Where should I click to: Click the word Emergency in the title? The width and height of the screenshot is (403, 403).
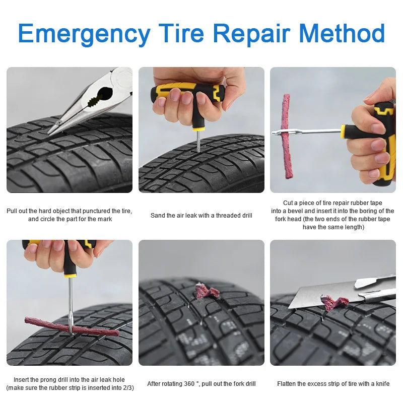84,33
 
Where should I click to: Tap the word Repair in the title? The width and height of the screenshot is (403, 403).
250,33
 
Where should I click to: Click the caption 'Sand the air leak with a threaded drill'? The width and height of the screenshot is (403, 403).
201,216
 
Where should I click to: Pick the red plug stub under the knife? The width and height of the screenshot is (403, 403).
334,302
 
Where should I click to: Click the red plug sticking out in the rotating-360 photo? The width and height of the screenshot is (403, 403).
207,291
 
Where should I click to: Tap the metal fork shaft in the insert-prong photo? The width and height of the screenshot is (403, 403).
71,302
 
